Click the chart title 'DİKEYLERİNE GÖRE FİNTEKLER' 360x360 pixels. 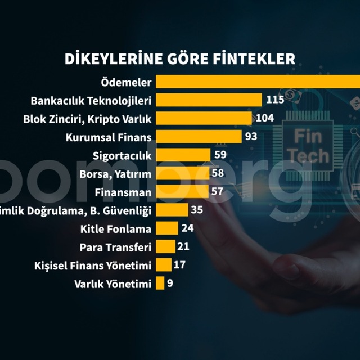(180, 59)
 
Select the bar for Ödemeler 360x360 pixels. (258, 82)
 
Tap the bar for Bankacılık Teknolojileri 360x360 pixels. (209, 100)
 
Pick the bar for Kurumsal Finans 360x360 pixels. (199, 137)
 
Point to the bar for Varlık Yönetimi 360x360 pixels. (160, 283)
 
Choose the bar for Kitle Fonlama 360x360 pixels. (167, 228)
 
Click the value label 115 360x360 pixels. (275, 100)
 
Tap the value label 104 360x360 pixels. (264, 118)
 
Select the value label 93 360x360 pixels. (251, 137)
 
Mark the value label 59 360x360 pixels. (220, 155)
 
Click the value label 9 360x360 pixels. (169, 283)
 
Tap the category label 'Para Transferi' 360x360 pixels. (115, 247)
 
